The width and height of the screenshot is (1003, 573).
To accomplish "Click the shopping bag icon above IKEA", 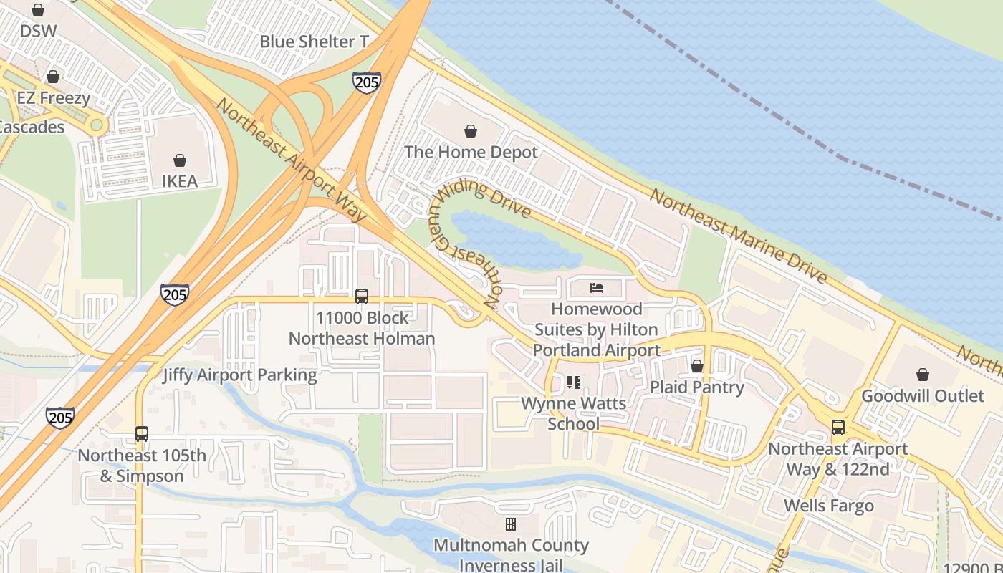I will pos(180,160).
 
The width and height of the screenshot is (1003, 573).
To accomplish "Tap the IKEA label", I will pos(180,181).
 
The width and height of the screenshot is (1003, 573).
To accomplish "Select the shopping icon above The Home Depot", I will pos(471,131).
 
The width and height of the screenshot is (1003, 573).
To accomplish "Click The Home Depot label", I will pos(471,152).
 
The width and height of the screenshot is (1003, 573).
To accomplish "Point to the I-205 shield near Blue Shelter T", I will pos(366,82).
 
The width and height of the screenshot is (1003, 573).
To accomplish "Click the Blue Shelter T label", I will pos(314,42).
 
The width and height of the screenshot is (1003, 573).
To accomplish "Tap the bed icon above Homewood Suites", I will pos(597,288).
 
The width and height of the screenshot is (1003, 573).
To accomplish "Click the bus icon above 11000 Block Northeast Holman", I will pos(362,296).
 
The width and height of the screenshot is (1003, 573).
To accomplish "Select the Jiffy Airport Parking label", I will pos(239,375).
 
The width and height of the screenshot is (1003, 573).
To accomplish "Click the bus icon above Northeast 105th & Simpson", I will pos(142,434).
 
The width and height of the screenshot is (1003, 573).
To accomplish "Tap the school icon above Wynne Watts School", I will pos(573,382).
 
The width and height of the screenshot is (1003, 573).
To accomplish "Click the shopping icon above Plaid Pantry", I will pos(697,367).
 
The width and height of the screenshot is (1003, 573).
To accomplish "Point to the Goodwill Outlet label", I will pos(923,396).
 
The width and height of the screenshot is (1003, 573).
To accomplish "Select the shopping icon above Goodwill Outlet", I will pos(923,375).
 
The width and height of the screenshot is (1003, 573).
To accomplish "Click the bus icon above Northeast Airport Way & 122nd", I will pos(838,428).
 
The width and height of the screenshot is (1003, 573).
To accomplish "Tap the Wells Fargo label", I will pos(829,506).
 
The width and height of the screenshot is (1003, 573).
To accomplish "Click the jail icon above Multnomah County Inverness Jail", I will pos(511,524).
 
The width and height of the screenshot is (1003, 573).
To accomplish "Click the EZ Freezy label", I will pos(54,98).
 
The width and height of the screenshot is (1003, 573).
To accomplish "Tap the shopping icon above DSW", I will pos(38,10).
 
